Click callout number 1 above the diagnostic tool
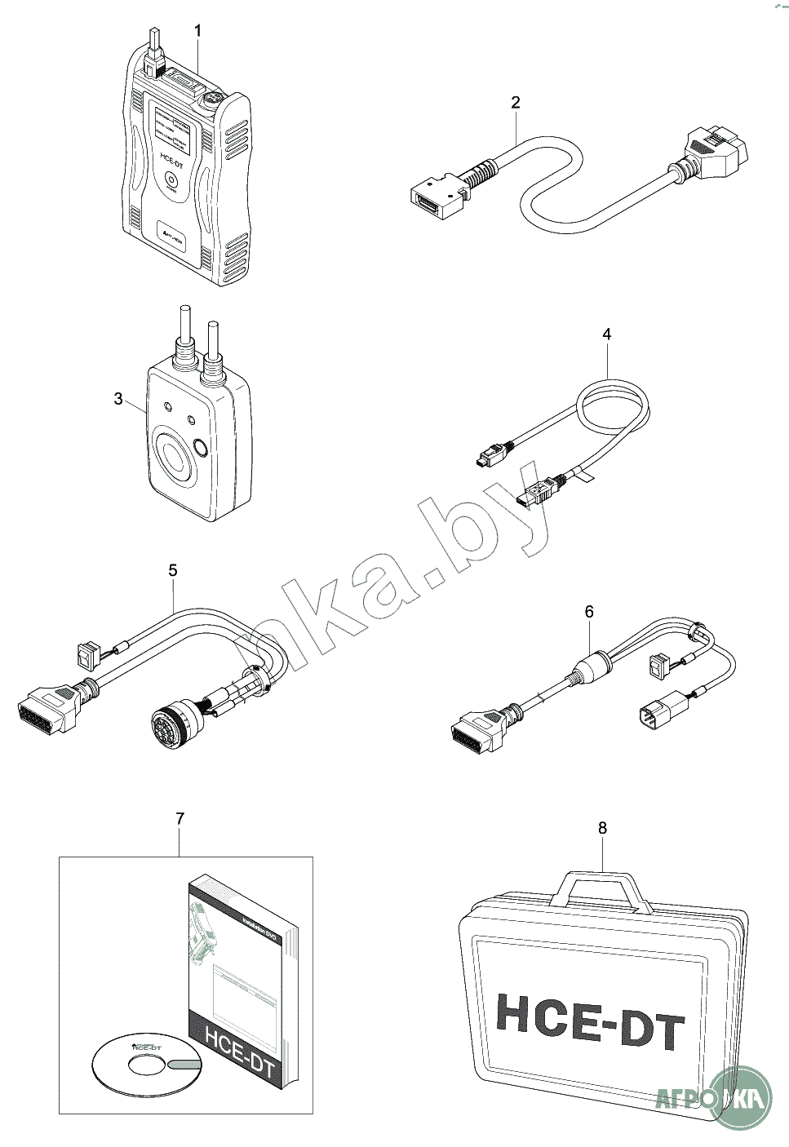[197, 30]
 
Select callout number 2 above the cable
[515, 102]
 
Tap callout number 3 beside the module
[118, 398]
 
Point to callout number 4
[606, 334]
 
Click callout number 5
[173, 570]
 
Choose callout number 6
[589, 611]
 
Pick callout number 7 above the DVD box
[180, 817]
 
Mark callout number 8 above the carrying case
[602, 827]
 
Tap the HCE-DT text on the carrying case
[590, 1020]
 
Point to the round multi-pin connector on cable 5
[171, 722]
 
